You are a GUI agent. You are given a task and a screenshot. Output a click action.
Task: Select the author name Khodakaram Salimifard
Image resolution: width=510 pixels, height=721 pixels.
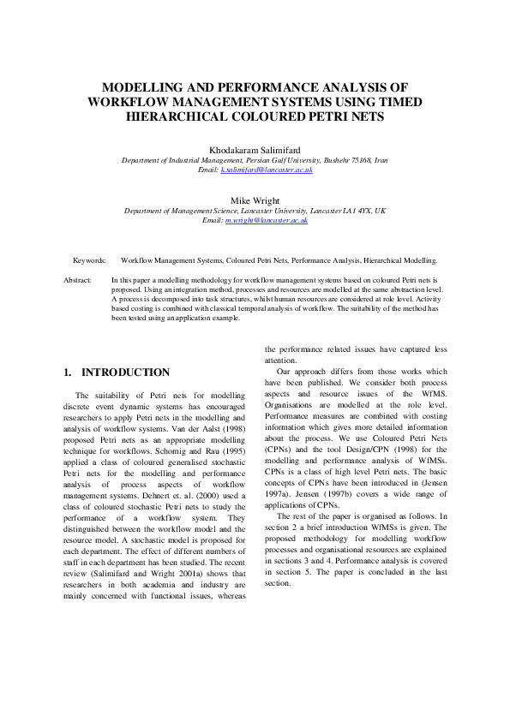255,149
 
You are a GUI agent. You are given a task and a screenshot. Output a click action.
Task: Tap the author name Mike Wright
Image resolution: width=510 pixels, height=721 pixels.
255,200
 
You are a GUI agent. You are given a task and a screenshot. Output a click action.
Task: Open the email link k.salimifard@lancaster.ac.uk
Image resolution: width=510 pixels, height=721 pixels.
267,170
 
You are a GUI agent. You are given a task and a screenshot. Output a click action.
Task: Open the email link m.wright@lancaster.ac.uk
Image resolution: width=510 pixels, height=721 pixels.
267,221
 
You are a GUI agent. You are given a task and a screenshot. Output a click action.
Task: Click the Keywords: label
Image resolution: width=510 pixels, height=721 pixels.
90,259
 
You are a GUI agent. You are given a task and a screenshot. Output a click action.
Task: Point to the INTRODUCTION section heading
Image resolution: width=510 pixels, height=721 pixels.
125,372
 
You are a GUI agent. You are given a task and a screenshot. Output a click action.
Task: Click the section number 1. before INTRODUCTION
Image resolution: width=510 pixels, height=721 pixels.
69,372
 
